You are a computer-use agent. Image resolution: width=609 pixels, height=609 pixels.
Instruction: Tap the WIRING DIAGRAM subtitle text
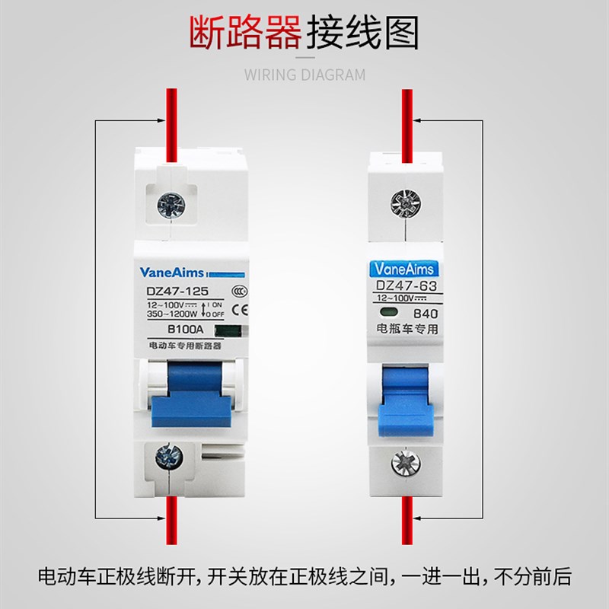304,75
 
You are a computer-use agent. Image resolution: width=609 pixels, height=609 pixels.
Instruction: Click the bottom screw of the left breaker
167,458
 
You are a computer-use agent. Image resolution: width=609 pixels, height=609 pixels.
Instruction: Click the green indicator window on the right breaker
385,313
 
